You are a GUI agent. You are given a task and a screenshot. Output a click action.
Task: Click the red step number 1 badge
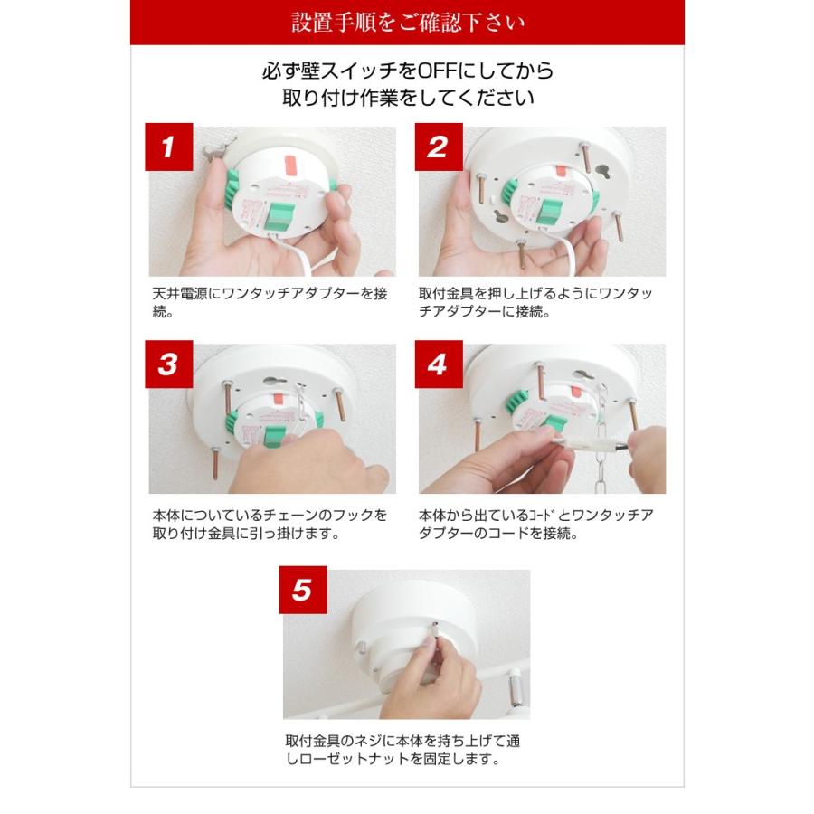point(169,147)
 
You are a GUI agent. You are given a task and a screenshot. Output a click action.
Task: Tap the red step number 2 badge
point(439,147)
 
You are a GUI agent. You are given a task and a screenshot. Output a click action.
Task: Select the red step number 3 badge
point(169,364)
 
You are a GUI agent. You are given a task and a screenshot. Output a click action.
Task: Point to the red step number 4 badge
point(439,364)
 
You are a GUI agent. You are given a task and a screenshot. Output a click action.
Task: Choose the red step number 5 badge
point(303,590)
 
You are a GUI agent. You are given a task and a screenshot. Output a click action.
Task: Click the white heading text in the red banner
point(408,23)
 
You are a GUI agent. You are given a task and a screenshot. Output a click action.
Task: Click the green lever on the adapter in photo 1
point(279,216)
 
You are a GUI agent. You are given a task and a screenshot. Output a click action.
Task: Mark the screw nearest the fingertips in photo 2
point(521,253)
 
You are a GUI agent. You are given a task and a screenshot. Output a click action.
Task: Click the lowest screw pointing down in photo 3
point(215,463)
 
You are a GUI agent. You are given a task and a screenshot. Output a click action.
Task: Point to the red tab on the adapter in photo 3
point(278,398)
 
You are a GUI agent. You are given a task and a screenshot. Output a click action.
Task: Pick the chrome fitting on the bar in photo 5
point(516,688)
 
